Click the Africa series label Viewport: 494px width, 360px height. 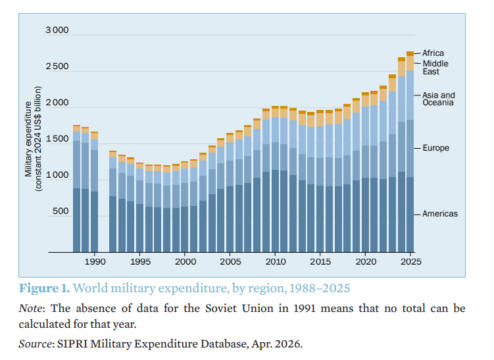(x=433, y=53)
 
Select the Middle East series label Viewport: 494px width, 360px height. (x=435, y=68)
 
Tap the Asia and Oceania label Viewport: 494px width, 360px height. (x=439, y=99)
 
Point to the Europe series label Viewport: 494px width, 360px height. (x=435, y=148)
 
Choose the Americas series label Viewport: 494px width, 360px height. (x=440, y=214)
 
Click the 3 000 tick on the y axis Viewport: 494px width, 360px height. (x=57, y=30)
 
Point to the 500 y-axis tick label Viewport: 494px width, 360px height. (x=61, y=211)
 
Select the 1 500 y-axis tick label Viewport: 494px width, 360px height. (x=57, y=139)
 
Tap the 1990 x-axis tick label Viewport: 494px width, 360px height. (x=95, y=262)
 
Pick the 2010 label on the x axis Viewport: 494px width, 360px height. (x=276, y=262)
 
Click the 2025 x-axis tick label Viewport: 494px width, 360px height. (x=411, y=262)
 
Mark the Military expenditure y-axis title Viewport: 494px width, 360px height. (x=33, y=139)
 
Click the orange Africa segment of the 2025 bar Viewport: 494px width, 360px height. (x=410, y=53)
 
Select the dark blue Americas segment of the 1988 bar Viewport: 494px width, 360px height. (x=76, y=220)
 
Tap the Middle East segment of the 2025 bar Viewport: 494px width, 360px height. (x=410, y=63)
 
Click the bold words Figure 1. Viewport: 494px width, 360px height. (x=45, y=288)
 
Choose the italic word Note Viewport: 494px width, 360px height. (x=30, y=308)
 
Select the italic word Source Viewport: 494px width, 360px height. (x=36, y=344)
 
